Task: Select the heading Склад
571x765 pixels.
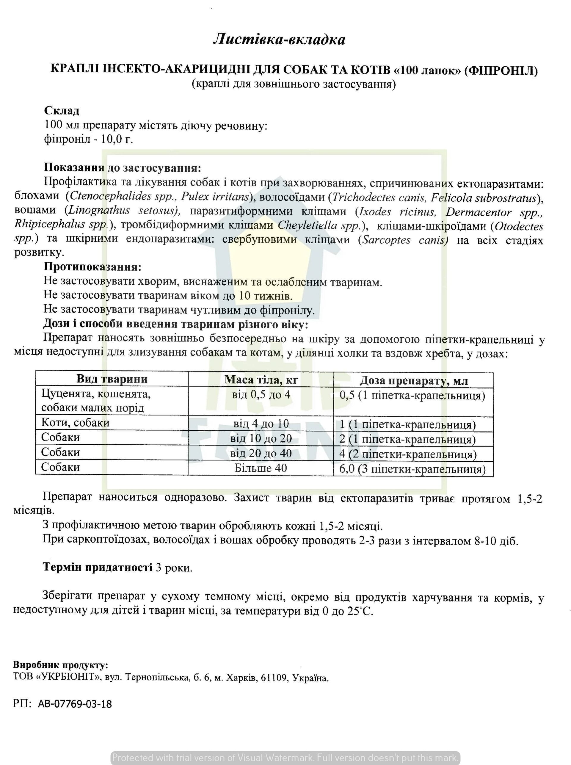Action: click(62, 111)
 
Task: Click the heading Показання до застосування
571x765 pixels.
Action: click(122, 168)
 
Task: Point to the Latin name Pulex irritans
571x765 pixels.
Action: click(215, 197)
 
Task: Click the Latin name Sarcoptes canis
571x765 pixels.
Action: click(404, 240)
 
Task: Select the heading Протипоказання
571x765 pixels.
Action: click(92, 267)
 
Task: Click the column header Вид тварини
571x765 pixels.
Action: click(112, 379)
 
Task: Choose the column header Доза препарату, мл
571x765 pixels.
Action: click(413, 381)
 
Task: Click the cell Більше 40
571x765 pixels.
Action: click(261, 468)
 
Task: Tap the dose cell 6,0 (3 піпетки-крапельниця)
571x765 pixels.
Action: click(412, 469)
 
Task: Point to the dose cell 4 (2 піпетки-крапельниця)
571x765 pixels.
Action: click(408, 454)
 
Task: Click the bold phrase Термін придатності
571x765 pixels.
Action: click(98, 567)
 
